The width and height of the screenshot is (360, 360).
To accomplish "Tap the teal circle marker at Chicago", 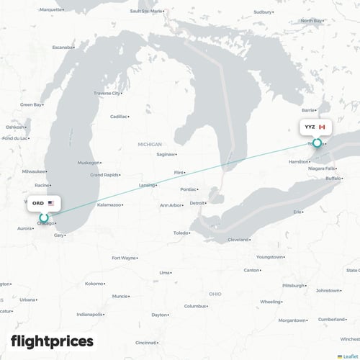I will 43,217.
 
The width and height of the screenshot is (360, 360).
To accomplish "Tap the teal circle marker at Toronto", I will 317,143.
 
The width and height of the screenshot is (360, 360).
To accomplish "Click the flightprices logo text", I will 52,341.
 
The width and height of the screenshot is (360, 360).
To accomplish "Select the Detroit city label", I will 197,203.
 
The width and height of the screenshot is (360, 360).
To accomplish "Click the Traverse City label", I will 107,94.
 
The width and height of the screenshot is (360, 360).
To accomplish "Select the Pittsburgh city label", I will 293,285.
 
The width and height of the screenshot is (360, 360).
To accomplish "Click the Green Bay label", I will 30,104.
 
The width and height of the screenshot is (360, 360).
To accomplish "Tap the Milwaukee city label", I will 33,171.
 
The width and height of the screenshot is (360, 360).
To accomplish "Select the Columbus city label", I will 195,306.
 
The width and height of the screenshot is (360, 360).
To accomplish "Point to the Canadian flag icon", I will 322,127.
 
